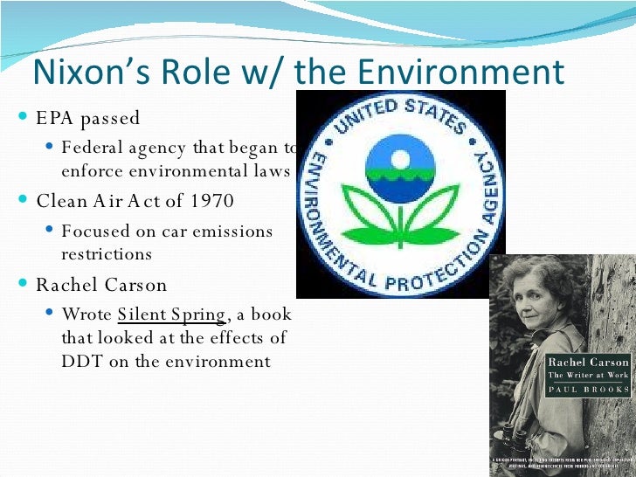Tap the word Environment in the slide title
pos(460,73)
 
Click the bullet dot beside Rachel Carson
pos(24,285)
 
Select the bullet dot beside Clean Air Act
pos(24,201)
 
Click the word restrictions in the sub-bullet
pos(107,254)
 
